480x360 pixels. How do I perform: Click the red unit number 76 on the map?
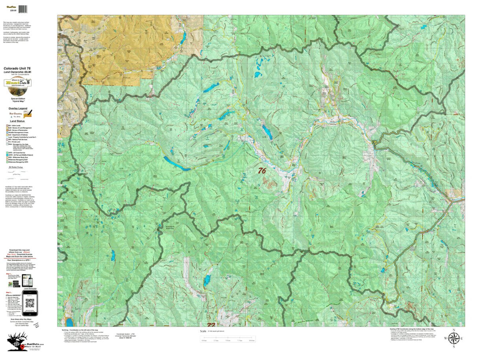click(262, 171)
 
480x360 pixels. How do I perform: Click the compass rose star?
click(453, 338)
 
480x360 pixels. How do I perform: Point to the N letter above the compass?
click(453, 330)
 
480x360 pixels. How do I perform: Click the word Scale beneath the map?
click(215, 331)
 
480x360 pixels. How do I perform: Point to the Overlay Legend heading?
click(18, 108)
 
